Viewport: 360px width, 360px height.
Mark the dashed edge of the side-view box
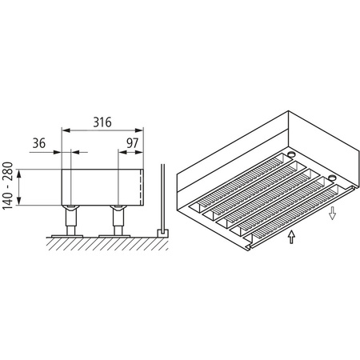142,186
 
